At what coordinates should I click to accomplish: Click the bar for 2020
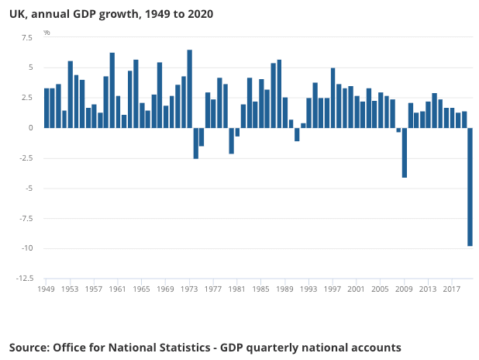pos(470,187)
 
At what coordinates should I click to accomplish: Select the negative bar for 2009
pos(405,153)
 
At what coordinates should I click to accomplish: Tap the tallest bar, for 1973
pos(190,89)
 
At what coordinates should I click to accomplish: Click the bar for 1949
pos(47,108)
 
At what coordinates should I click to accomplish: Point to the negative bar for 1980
pos(232,140)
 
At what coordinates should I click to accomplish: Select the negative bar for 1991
pos(297,134)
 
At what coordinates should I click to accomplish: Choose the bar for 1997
pos(333,98)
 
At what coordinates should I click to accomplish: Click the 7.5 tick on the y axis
pos(26,37)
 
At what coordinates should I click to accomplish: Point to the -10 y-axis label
pos(28,248)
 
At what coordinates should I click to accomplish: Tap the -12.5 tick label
pos(26,279)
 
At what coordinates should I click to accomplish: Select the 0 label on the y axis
pos(30,128)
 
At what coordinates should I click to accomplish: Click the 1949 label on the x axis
pos(47,289)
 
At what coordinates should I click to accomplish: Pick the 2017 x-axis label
pos(452,289)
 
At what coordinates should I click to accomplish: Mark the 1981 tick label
pos(237,289)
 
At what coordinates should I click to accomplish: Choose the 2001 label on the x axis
pos(357,289)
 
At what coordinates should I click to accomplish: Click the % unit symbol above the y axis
pos(47,33)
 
